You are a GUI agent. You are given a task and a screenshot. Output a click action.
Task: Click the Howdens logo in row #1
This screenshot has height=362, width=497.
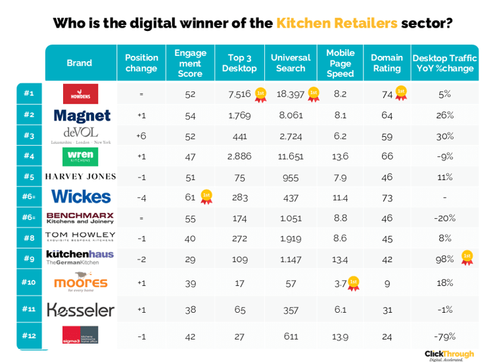point(80,94)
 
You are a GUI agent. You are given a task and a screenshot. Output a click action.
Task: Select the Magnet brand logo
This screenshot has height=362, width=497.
point(82,116)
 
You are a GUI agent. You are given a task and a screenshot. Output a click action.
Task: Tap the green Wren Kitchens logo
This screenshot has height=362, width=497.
point(80,156)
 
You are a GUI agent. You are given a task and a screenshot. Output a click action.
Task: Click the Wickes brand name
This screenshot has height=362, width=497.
point(80,196)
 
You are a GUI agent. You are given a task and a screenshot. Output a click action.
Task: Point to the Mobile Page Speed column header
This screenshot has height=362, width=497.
point(340,63)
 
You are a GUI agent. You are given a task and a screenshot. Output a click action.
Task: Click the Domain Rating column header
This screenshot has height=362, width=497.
point(387,63)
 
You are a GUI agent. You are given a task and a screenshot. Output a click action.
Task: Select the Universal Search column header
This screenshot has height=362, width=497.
point(291,63)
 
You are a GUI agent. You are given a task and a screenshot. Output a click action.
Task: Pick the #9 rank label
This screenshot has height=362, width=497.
point(29,258)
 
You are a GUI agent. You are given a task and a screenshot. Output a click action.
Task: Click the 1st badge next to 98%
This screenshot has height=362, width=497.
point(467,257)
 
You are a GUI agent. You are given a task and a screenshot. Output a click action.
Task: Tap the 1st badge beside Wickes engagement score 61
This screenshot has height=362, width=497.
point(206,196)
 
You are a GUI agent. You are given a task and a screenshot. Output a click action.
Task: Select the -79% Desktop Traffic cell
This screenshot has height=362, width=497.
point(444,336)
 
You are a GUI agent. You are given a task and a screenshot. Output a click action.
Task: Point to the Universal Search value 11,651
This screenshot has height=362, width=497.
point(290,156)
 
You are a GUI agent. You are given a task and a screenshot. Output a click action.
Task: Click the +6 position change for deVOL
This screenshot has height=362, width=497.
point(141,136)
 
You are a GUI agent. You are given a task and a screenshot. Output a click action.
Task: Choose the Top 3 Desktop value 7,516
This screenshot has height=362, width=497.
point(239,94)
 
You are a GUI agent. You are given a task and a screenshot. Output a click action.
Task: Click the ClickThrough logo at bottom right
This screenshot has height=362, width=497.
point(449,354)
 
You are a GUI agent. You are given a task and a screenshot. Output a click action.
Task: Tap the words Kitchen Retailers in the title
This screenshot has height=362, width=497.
point(337,24)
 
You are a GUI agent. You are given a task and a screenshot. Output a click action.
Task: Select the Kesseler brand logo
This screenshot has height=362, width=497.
point(80,309)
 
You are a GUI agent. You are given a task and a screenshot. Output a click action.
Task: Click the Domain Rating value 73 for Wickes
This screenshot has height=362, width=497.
point(387,196)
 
